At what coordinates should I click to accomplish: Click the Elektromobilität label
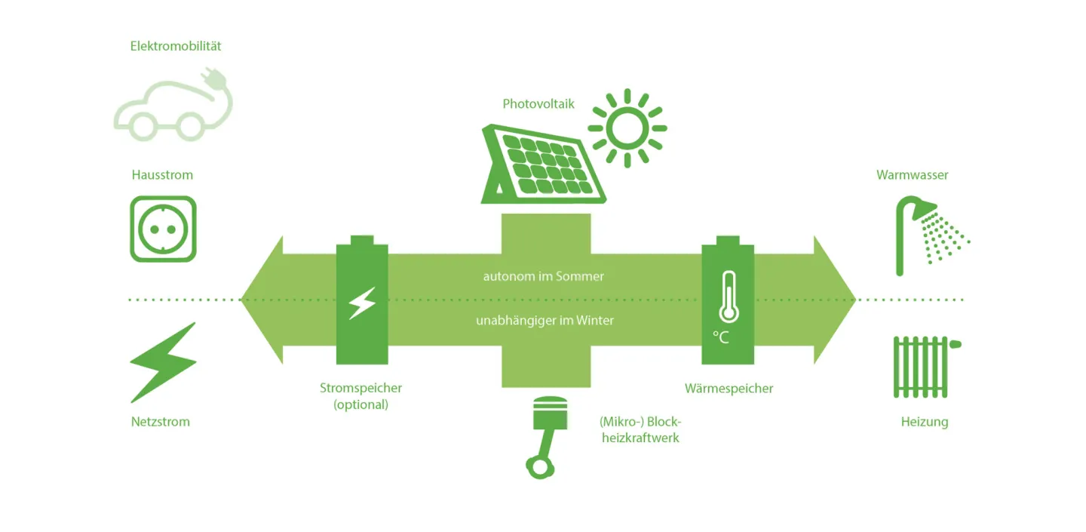pyautogui.click(x=176, y=46)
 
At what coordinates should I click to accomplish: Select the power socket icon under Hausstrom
pyautogui.click(x=163, y=229)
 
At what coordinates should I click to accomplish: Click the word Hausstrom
pyautogui.click(x=162, y=175)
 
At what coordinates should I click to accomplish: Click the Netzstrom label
pyautogui.click(x=161, y=422)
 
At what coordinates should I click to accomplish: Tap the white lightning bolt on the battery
pyautogui.click(x=362, y=303)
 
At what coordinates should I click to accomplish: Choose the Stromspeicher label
pyautogui.click(x=360, y=388)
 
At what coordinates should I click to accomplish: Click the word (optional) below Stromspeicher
pyautogui.click(x=360, y=404)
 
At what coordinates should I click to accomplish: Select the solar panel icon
pyautogui.click(x=543, y=164)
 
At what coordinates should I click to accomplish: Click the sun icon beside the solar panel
pyautogui.click(x=627, y=128)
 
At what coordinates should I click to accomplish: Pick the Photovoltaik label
pyautogui.click(x=538, y=104)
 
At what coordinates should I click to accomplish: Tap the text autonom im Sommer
pyautogui.click(x=544, y=277)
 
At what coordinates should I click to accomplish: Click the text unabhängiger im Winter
pyautogui.click(x=545, y=321)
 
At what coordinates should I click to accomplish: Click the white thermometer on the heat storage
pyautogui.click(x=728, y=298)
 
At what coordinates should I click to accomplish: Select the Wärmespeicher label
pyautogui.click(x=729, y=389)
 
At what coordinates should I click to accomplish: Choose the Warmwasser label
pyautogui.click(x=912, y=175)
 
